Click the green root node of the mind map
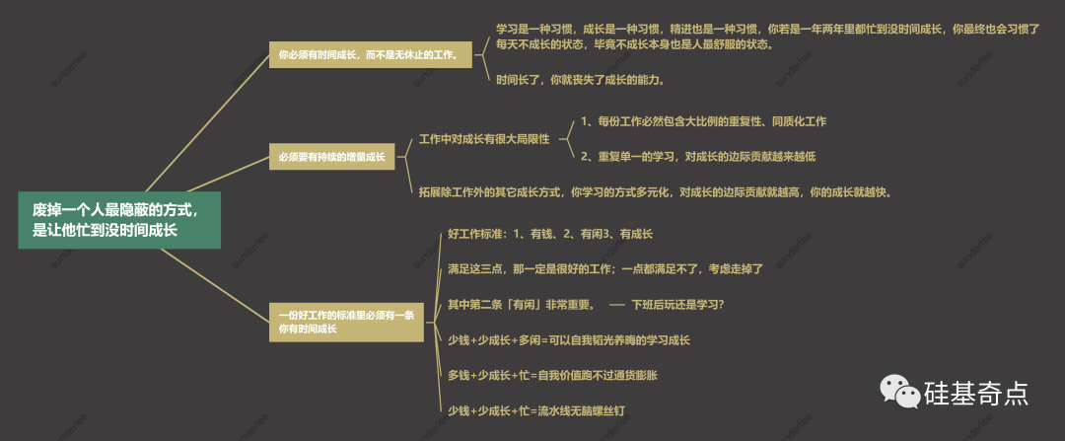[x=118, y=219]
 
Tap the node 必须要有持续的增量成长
[x=331, y=156]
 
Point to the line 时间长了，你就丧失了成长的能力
[x=580, y=79]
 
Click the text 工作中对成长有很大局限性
[x=483, y=139]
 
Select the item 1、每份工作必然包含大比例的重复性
[x=703, y=121]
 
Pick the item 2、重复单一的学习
[x=697, y=156]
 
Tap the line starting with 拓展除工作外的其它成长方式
[x=655, y=191]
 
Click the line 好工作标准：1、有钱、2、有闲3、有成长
[x=549, y=234]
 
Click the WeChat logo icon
[x=899, y=394]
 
